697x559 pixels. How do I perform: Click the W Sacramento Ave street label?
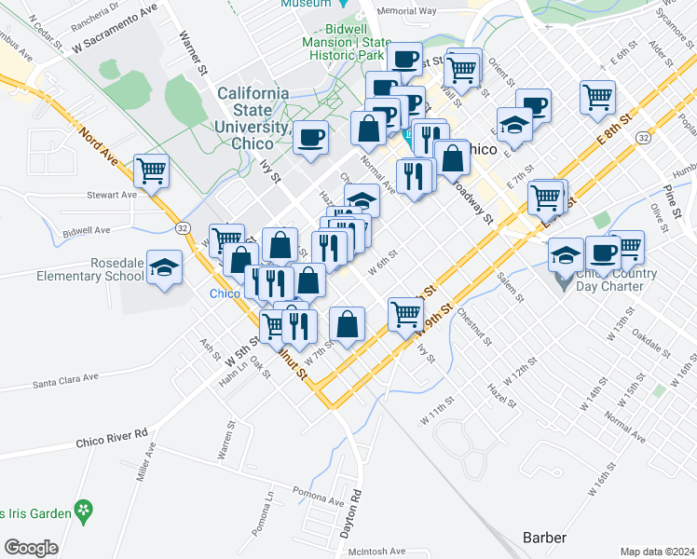115,31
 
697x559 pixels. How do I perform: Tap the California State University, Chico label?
253,118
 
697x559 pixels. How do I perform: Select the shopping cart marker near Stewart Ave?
151,170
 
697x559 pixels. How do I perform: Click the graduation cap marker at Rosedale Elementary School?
164,268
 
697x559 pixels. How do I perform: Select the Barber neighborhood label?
544,538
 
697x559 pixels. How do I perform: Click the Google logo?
31,547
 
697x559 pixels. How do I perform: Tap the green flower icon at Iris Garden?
85,511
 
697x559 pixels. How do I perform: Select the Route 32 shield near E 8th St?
644,137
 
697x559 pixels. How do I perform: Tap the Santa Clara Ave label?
65,380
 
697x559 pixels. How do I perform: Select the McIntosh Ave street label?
372,551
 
